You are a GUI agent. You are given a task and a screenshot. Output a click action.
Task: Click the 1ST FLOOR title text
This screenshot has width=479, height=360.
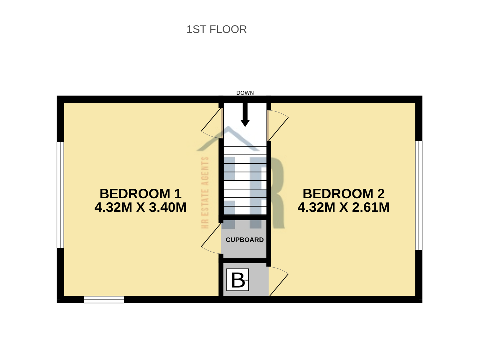click(x=217, y=29)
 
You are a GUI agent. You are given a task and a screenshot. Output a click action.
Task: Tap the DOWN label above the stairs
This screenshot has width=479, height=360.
click(x=245, y=93)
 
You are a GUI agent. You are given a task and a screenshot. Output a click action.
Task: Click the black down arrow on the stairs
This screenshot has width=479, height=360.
click(x=245, y=115)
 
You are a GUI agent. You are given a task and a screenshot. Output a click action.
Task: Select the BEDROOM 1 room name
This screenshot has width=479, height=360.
click(x=140, y=194)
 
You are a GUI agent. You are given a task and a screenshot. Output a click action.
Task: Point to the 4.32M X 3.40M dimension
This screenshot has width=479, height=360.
click(x=140, y=207)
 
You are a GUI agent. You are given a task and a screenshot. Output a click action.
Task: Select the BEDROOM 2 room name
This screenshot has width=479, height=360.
click(x=343, y=194)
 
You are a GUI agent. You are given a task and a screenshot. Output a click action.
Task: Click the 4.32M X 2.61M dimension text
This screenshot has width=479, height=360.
click(x=343, y=207)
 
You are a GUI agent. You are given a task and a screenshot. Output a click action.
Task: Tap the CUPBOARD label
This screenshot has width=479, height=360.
click(x=244, y=240)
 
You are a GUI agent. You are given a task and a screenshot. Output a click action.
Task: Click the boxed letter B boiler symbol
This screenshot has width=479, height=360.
click(x=238, y=280)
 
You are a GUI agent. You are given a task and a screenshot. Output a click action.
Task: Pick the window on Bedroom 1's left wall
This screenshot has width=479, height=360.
click(x=60, y=195)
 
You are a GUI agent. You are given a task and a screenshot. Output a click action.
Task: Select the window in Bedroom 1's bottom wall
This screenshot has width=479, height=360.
click(x=104, y=300)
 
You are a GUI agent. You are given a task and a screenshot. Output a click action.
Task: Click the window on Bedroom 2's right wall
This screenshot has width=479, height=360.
click(x=419, y=195)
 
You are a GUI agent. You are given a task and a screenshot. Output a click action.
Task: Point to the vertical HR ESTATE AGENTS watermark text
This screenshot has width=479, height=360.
click(x=205, y=193)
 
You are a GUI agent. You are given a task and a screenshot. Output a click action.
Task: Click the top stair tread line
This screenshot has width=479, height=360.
click(x=245, y=146)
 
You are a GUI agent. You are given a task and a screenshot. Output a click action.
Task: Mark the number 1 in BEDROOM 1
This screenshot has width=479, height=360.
click(x=177, y=194)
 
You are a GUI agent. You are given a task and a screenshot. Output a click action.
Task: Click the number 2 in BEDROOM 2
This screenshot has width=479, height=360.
click(x=380, y=194)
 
